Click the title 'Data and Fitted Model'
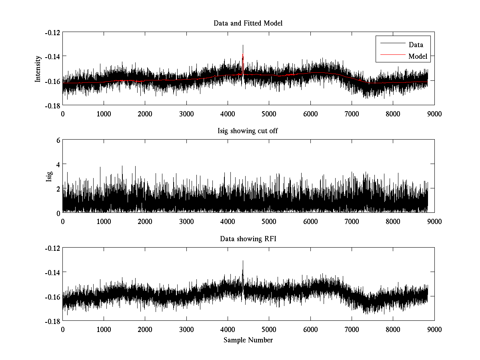click(248, 23)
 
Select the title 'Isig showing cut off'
click(248, 131)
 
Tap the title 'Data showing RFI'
click(248, 239)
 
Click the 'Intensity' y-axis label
click(38, 69)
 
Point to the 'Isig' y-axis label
click(49, 176)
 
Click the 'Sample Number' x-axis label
click(248, 340)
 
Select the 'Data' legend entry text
click(416, 45)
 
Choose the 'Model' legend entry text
click(418, 56)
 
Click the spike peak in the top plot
click(243, 46)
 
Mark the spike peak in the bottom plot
click(243, 261)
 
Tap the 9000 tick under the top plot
click(434, 114)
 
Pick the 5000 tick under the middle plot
click(269, 221)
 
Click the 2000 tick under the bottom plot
click(145, 329)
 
